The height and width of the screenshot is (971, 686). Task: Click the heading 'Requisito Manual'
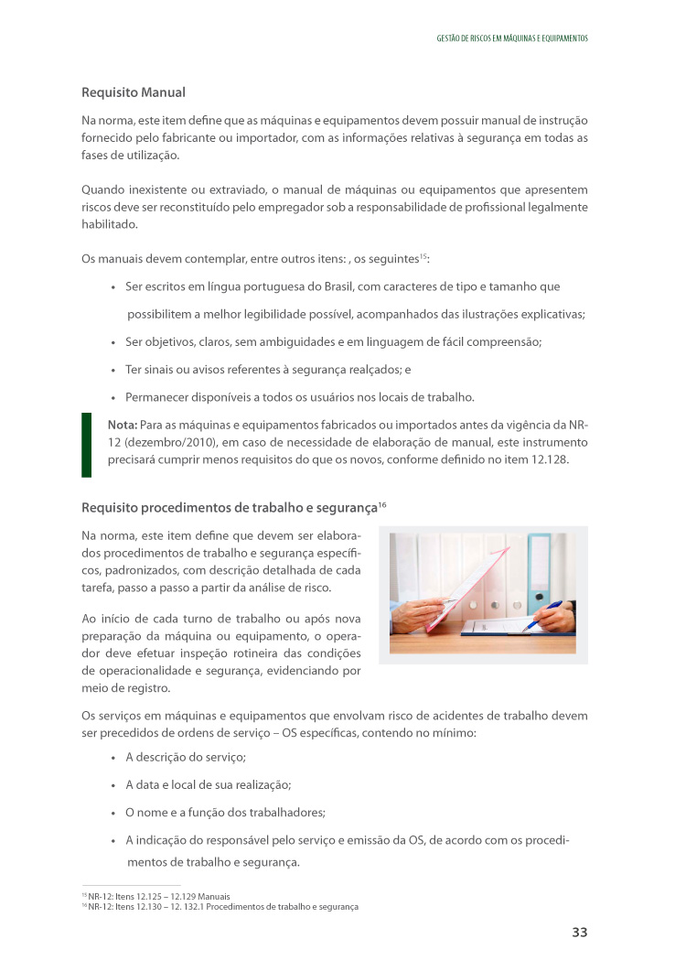(134, 92)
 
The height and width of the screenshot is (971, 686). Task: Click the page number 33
(579, 933)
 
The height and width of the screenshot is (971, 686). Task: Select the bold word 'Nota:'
(122, 425)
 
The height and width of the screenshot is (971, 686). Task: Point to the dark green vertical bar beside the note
(87, 444)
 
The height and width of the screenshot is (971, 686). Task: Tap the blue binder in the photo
(540, 572)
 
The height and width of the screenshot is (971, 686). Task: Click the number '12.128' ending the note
(549, 459)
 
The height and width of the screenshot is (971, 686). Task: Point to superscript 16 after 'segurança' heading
(382, 503)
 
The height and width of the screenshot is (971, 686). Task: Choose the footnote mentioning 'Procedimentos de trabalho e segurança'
(220, 907)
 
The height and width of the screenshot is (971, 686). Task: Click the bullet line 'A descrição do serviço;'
(186, 758)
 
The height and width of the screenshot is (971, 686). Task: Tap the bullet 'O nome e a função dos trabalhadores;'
(225, 812)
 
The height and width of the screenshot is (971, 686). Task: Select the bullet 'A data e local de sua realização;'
(208, 784)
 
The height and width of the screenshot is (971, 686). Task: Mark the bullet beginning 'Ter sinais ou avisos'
(268, 370)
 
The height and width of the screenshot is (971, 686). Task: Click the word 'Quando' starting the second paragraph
(104, 189)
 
